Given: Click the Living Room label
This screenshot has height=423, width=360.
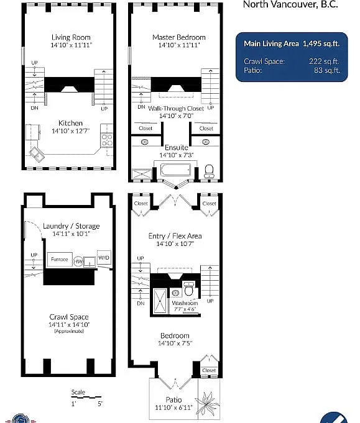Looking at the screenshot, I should (x=70, y=37).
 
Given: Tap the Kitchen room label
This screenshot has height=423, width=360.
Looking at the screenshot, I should (x=70, y=123).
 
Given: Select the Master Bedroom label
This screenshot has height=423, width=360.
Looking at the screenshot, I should (x=178, y=37).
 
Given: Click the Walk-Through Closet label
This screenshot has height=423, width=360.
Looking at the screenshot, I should (x=176, y=108).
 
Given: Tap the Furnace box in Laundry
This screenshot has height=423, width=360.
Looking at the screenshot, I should (x=60, y=259).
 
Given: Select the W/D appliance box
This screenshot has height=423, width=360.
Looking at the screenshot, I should (x=103, y=257).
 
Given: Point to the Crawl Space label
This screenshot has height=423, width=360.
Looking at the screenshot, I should (x=68, y=317).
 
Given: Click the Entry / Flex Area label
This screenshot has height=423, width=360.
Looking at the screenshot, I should (x=175, y=236).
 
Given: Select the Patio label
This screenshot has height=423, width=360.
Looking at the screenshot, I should (x=173, y=399).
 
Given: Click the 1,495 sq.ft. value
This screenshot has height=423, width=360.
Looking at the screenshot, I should (x=321, y=44).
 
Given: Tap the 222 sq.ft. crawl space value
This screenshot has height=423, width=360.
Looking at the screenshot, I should (x=325, y=61).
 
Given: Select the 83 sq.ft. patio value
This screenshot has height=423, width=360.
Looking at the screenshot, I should (x=327, y=70).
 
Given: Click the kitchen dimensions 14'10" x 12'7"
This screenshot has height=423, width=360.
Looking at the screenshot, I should (x=70, y=130).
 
